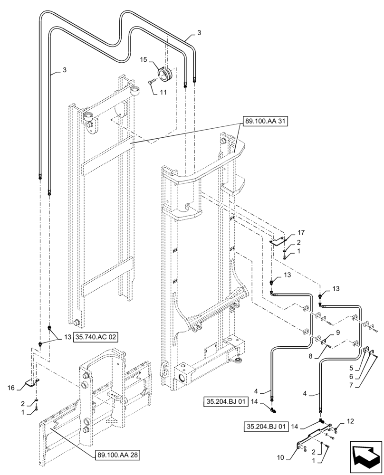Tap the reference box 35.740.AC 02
click(96, 337)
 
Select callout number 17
click(300, 233)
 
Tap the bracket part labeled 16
click(33, 382)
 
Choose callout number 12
click(350, 421)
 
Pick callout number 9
click(337, 332)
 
